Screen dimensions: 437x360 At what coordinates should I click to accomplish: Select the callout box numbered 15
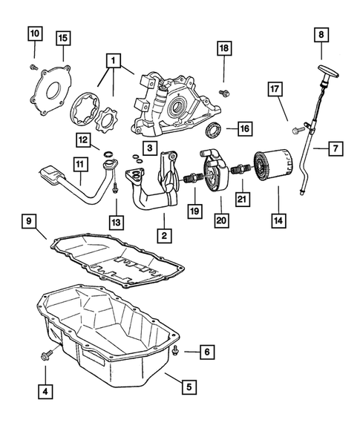tap(63, 37)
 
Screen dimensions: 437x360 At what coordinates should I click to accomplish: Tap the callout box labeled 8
tap(321, 34)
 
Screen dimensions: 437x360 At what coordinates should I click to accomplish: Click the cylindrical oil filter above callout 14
tap(271, 171)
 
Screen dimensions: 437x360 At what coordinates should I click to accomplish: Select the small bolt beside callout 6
tap(176, 349)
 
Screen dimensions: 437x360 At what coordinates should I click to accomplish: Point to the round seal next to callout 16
tap(213, 132)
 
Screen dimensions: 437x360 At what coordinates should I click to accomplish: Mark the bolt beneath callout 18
tap(223, 93)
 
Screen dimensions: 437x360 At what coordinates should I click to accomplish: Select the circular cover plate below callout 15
tap(53, 90)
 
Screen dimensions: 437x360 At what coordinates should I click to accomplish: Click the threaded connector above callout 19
tap(192, 180)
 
